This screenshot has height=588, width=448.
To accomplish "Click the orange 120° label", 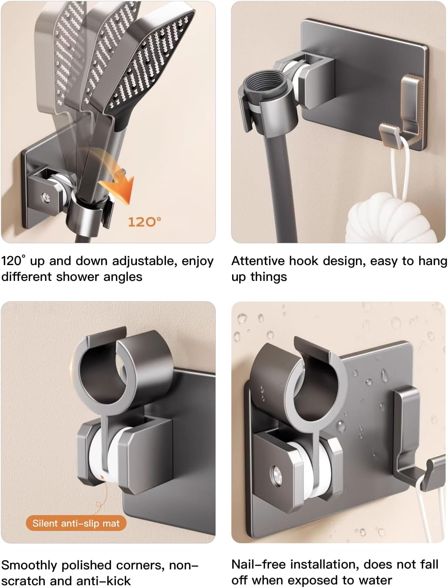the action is (x=144, y=222).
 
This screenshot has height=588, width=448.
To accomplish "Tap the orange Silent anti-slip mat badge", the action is (x=76, y=523).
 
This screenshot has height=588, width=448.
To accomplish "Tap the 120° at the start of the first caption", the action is (x=13, y=261).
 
